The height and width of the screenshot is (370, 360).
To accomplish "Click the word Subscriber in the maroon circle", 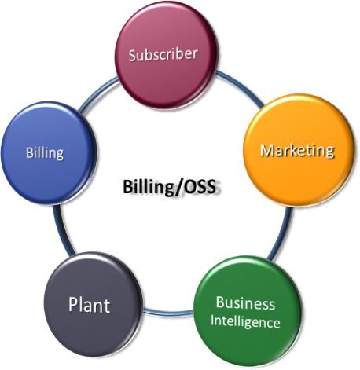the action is [163, 54].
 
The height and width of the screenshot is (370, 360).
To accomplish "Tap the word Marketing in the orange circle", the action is [297, 151].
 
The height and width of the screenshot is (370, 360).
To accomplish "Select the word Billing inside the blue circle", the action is [45, 152].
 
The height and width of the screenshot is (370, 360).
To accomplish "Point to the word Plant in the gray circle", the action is [89, 305].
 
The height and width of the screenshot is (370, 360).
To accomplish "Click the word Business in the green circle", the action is [245, 303].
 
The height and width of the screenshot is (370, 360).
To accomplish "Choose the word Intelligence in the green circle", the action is [245, 321].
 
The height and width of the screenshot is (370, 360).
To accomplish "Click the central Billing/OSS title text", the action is [169, 187].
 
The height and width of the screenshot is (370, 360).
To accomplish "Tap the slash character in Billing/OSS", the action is [176, 187].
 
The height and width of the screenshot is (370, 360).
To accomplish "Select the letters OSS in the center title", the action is [199, 187].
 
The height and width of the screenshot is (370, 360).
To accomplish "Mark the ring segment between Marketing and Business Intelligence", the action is [281, 234].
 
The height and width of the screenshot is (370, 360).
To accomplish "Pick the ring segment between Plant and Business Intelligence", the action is [168, 312].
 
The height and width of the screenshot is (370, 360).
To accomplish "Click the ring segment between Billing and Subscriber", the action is [97, 93].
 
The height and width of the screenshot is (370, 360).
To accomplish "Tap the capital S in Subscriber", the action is [133, 56].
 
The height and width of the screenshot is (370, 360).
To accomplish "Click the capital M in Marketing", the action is [266, 151].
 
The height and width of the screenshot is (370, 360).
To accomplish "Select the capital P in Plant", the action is [74, 304].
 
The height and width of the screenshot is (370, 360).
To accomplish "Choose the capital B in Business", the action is [220, 302].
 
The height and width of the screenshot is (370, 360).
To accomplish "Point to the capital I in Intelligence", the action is [212, 320].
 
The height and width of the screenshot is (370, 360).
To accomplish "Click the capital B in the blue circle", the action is [30, 152].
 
